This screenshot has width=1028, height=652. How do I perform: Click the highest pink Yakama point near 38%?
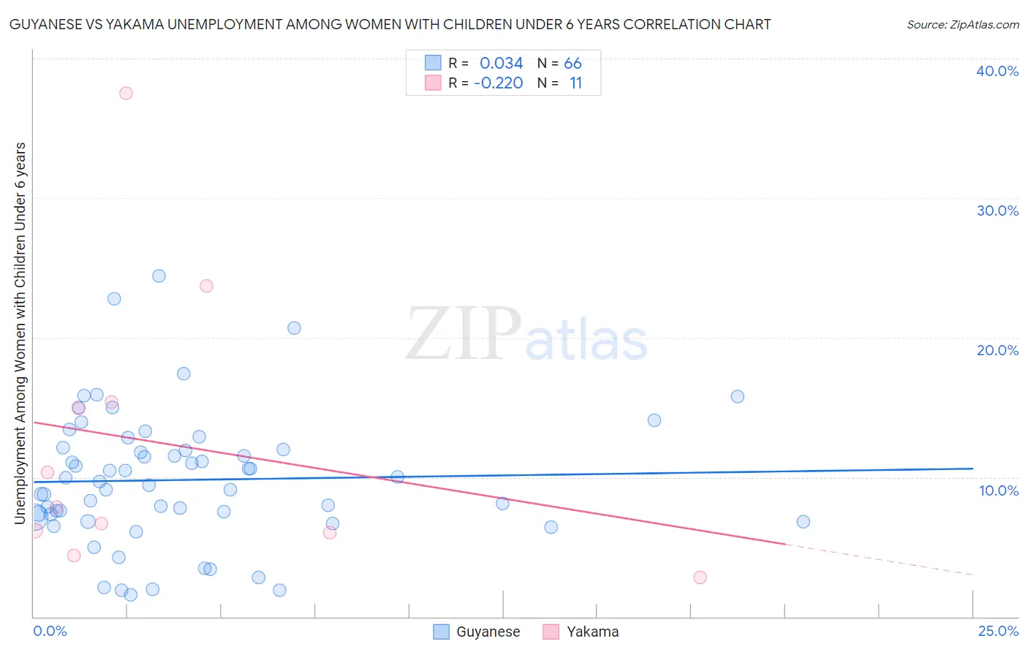126,93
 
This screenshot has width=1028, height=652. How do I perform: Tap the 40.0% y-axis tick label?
997,71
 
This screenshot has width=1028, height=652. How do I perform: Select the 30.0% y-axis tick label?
997,211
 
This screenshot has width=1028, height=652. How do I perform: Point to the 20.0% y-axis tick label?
997,350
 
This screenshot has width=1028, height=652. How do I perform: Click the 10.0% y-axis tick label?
999,490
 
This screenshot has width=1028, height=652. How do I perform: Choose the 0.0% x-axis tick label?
50,631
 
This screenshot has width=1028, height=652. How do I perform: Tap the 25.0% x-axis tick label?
998,631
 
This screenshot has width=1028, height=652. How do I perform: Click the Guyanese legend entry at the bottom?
477,632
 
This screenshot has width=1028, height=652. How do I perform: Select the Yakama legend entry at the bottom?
581,632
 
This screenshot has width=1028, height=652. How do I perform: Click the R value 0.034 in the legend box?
501,64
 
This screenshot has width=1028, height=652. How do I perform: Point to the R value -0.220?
498,83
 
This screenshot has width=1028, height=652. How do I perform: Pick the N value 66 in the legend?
572,64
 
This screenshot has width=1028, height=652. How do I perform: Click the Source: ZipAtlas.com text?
962,25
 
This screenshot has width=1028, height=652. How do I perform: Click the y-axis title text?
20,333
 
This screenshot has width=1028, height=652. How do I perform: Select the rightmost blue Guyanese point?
803,521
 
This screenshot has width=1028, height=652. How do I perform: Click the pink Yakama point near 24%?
206,286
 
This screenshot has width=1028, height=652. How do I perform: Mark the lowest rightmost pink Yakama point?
700,577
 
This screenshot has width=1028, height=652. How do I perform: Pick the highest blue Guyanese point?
159,276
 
